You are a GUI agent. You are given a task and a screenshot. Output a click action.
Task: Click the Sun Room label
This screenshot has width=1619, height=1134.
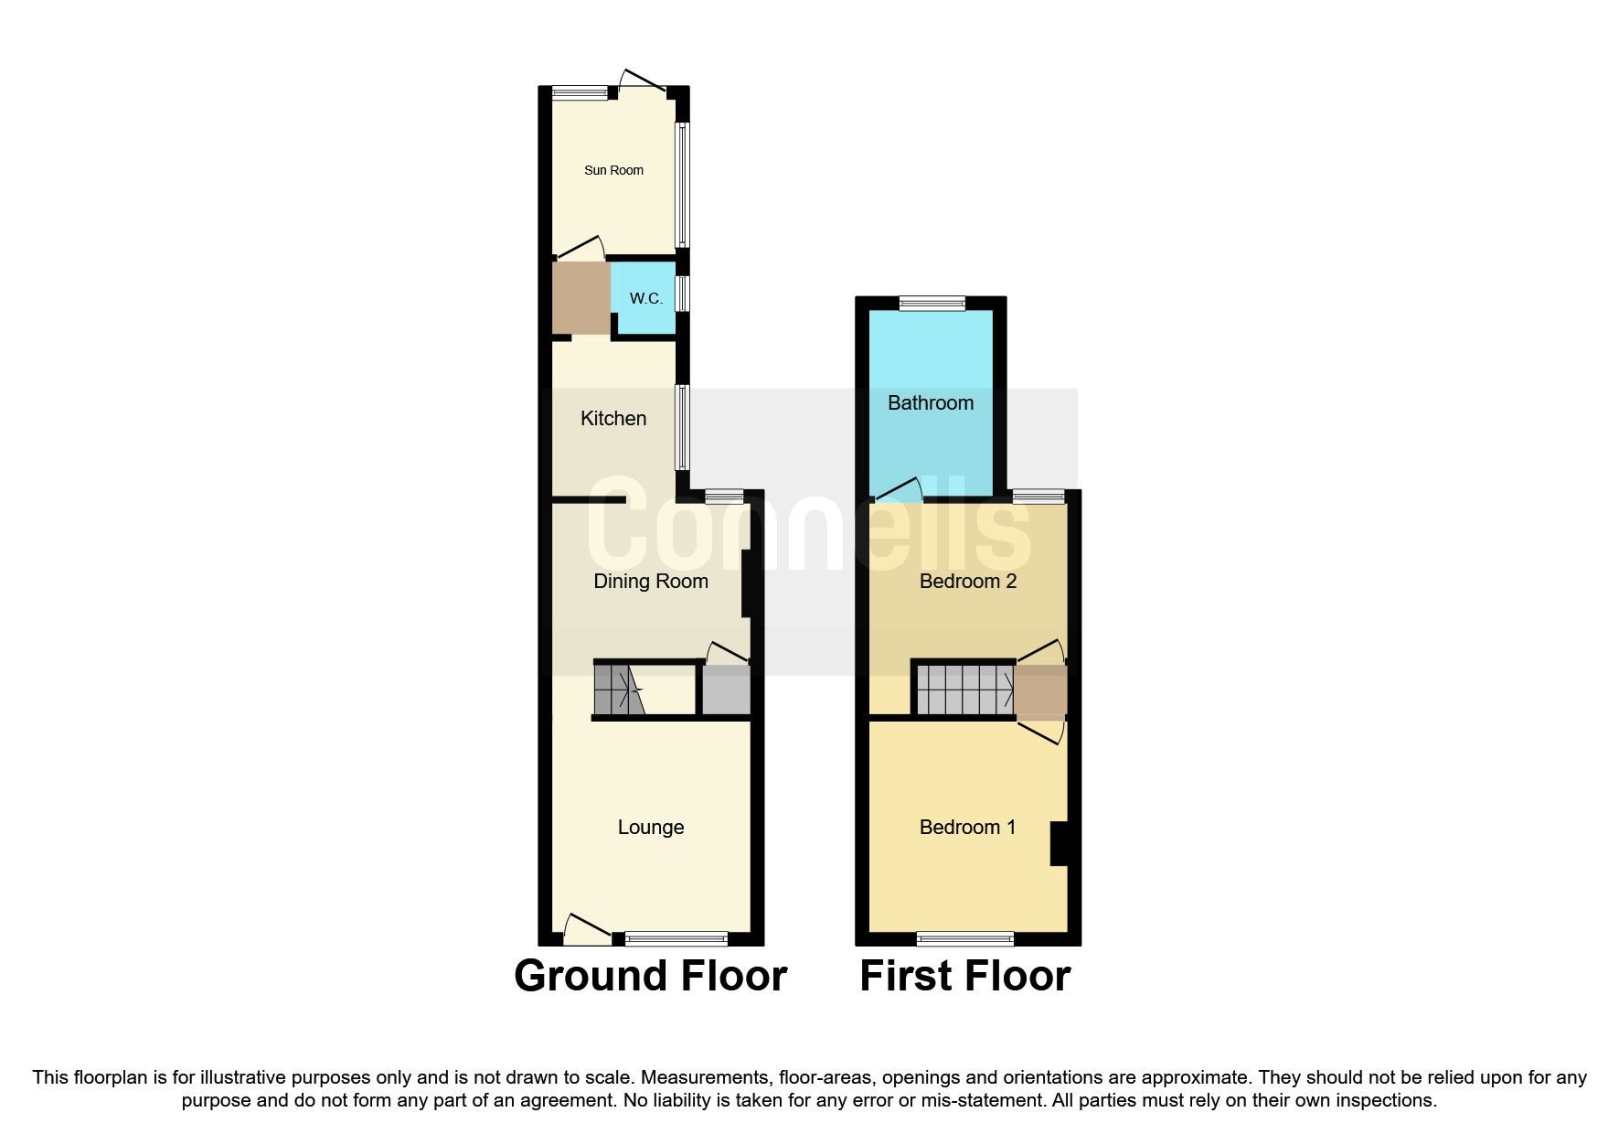click(x=613, y=170)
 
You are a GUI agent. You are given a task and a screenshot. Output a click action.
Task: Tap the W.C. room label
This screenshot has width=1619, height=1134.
click(x=645, y=299)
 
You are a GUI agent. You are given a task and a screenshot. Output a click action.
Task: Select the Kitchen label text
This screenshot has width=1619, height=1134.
click(x=613, y=419)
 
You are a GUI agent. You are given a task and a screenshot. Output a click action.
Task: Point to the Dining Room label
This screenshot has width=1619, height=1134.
click(x=650, y=582)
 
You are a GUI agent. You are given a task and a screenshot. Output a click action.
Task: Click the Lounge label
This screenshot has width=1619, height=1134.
click(x=650, y=828)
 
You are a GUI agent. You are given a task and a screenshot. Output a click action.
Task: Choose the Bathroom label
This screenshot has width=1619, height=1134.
click(x=930, y=403)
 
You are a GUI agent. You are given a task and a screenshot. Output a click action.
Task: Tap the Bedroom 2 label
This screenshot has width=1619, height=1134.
click(x=967, y=582)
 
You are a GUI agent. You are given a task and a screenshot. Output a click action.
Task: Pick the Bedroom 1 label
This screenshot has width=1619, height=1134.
click(x=967, y=828)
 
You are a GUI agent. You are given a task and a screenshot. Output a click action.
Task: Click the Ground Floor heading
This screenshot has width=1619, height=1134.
click(x=650, y=976)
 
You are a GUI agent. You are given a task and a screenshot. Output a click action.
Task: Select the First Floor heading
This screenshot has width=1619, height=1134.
click(x=964, y=976)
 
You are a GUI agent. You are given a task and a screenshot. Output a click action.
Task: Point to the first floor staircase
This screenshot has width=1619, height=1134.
click(x=964, y=690)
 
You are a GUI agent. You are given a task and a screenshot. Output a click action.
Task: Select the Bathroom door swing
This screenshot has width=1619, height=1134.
click(x=900, y=490)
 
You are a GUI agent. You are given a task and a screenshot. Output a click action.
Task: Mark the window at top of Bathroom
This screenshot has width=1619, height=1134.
click(x=932, y=304)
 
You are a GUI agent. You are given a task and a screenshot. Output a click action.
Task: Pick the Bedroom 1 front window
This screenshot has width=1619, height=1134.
click(x=964, y=938)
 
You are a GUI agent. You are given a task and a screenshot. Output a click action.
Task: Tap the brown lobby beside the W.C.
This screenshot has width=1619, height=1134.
click(x=580, y=298)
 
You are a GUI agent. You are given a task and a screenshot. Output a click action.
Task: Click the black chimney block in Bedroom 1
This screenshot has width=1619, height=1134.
click(x=1060, y=843)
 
